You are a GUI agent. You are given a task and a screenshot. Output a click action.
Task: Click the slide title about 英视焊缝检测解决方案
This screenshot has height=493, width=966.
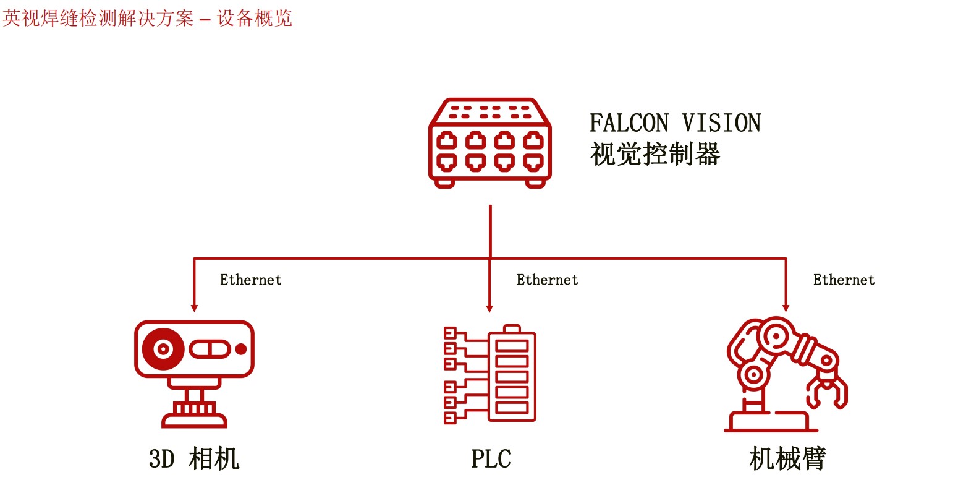click(147, 18)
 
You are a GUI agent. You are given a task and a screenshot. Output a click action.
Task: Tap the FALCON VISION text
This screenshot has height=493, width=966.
click(675, 123)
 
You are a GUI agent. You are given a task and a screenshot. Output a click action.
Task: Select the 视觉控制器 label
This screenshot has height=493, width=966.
click(655, 154)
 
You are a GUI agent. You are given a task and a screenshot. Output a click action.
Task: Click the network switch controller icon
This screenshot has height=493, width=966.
click(490, 143)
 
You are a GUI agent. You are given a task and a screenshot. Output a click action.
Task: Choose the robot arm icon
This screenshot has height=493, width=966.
click(786, 374)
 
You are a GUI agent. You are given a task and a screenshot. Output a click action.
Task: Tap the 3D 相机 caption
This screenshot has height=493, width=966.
click(194, 459)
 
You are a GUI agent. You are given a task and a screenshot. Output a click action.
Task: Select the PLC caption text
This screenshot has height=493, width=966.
click(491, 459)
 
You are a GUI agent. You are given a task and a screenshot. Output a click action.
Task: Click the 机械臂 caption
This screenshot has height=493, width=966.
click(787, 459)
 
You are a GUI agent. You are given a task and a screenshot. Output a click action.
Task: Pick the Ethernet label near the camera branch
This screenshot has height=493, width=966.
click(250, 280)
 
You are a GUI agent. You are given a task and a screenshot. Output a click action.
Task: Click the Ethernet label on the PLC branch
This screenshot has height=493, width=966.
click(547, 280)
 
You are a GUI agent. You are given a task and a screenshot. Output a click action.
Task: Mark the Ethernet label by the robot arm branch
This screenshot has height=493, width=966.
click(844, 280)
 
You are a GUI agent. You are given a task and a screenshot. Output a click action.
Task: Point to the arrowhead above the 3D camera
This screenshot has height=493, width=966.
click(194, 307)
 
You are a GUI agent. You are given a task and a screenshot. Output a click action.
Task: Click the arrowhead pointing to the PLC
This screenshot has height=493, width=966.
click(490, 307)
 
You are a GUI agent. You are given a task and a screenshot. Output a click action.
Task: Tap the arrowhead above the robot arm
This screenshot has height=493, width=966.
click(786, 307)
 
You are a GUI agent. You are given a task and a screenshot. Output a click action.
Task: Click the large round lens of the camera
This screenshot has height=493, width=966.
click(163, 349)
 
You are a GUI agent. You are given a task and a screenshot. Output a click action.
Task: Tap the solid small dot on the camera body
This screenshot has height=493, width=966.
click(241, 349)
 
